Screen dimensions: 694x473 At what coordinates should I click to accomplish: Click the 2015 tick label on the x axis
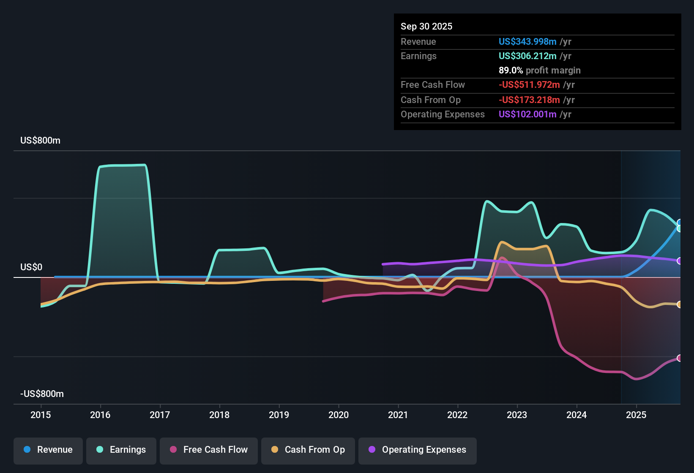(41, 415)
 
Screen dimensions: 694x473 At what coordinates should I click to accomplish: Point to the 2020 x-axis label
(339, 415)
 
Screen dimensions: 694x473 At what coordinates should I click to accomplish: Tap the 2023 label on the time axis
(517, 415)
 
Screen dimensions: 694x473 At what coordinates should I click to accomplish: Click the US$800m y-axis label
(40, 141)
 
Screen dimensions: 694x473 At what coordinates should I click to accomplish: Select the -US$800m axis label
(42, 394)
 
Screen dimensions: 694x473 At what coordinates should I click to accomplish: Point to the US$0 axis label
(31, 267)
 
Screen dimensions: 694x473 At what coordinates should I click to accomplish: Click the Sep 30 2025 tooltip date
(426, 26)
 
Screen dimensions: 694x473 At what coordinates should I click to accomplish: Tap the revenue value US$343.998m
(527, 41)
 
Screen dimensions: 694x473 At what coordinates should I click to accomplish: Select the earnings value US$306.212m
(527, 56)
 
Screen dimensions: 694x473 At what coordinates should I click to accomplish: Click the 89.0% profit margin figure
(511, 70)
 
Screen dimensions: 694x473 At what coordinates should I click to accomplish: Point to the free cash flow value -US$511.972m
(529, 84)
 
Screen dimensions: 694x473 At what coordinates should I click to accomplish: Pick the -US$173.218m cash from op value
(529, 100)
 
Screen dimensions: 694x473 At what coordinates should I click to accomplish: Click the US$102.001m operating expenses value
(527, 114)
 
